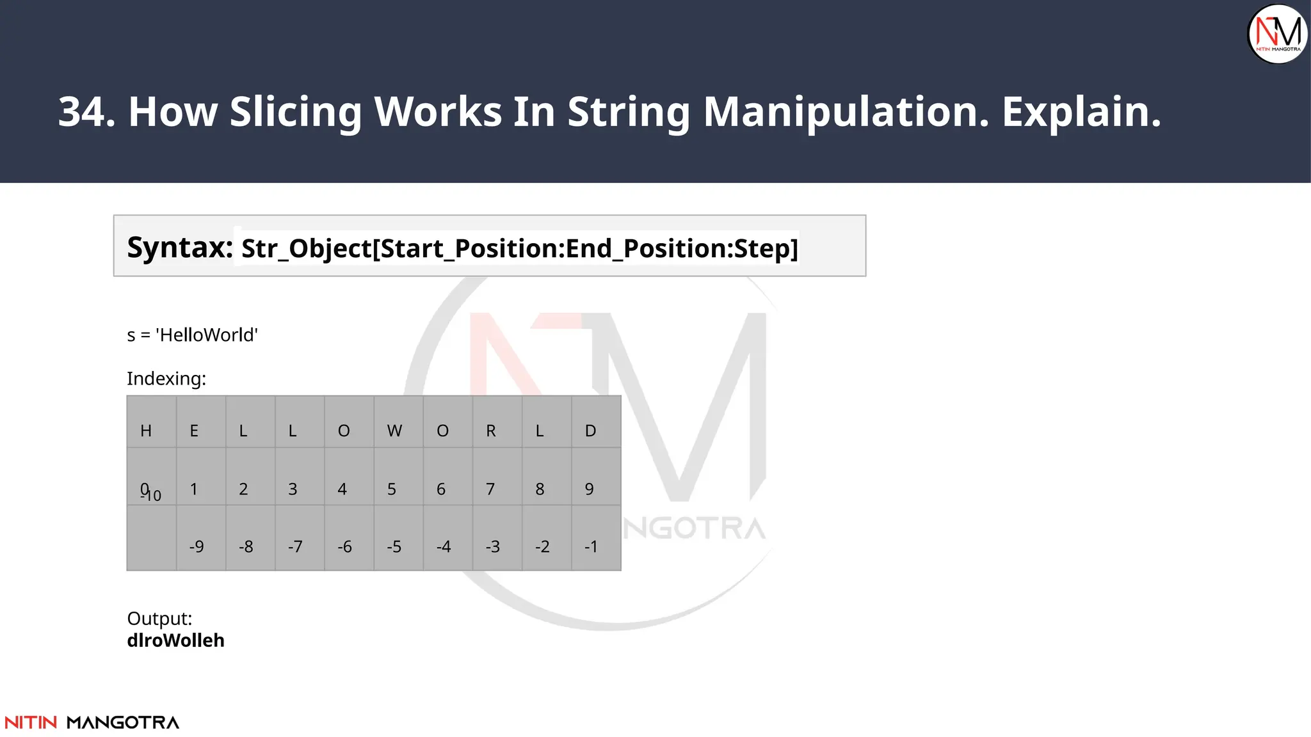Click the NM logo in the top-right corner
[x=1278, y=34]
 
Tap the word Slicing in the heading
[x=296, y=112]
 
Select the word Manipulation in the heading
[x=846, y=112]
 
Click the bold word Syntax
[x=180, y=248]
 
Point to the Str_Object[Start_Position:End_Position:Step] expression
[x=519, y=248]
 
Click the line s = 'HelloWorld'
[x=192, y=335]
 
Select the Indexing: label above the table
[x=166, y=379]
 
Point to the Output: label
[x=159, y=619]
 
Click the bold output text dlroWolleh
[x=175, y=640]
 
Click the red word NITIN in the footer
[x=31, y=722]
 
